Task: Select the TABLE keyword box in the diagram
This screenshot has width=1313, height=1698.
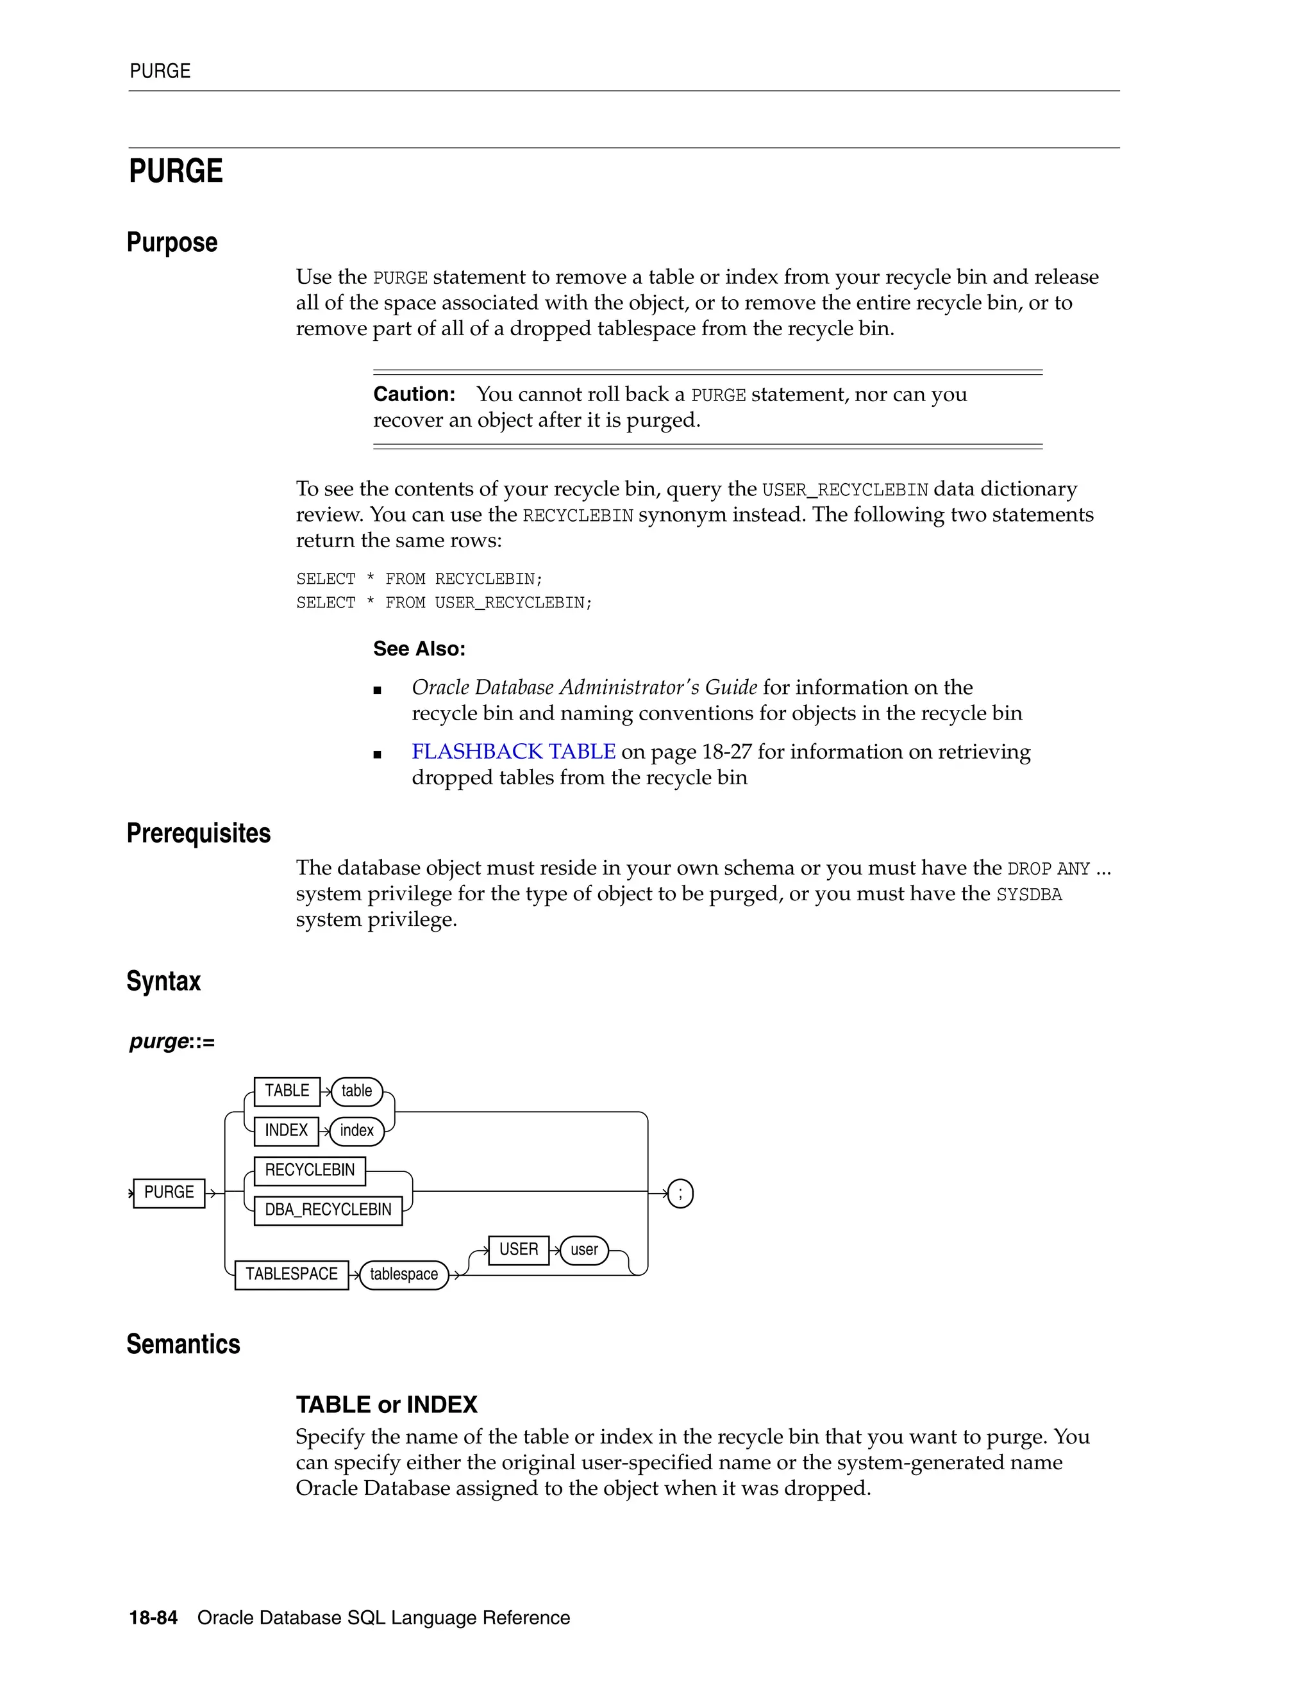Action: (287, 1091)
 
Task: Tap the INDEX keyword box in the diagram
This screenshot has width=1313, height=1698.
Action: (286, 1130)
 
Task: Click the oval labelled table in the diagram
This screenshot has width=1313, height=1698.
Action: (356, 1091)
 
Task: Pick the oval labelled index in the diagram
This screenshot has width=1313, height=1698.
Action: (356, 1130)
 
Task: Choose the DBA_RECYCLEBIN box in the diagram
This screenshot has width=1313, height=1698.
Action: (328, 1210)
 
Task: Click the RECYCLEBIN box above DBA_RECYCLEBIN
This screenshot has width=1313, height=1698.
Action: (310, 1170)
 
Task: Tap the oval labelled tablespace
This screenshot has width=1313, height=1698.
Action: (404, 1274)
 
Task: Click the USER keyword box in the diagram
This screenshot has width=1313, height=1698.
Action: (518, 1249)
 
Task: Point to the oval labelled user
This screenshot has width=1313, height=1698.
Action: (584, 1250)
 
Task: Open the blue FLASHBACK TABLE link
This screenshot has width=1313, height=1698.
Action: (514, 752)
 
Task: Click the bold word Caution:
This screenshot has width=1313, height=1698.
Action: (414, 394)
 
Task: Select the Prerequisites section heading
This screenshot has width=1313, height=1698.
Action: (198, 834)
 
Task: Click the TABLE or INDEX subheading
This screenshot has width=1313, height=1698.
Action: (386, 1405)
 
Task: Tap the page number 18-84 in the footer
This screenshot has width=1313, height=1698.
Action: (153, 1618)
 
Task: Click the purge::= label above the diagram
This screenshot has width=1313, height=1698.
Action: (172, 1042)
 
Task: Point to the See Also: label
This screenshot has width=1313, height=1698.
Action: (419, 648)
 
